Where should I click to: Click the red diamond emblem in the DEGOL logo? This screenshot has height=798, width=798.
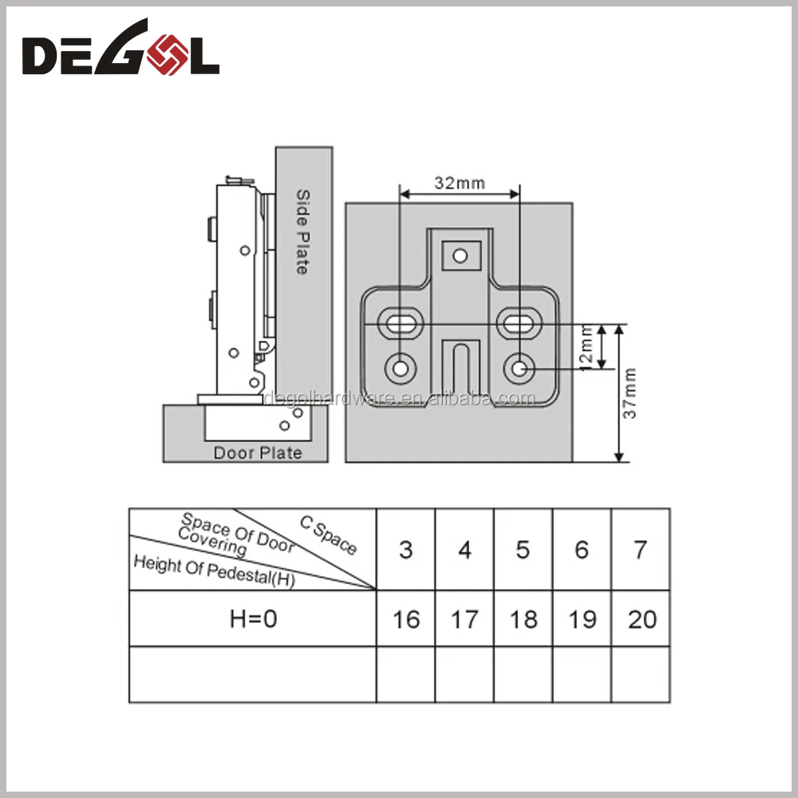pos(167,54)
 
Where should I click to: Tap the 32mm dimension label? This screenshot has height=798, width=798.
pos(460,184)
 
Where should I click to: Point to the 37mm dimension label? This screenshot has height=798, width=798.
pos(630,393)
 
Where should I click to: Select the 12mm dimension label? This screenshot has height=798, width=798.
pos(586,346)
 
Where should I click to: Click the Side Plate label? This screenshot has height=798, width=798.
pos(302,232)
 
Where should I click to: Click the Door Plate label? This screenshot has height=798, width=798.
pos(258,453)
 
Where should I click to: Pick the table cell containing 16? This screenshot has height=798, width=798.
pos(406,619)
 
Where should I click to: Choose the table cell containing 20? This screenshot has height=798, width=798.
pos(642,619)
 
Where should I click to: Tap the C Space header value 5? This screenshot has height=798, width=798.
pos(523,550)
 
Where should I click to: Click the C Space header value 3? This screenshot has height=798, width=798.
pos(405,550)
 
